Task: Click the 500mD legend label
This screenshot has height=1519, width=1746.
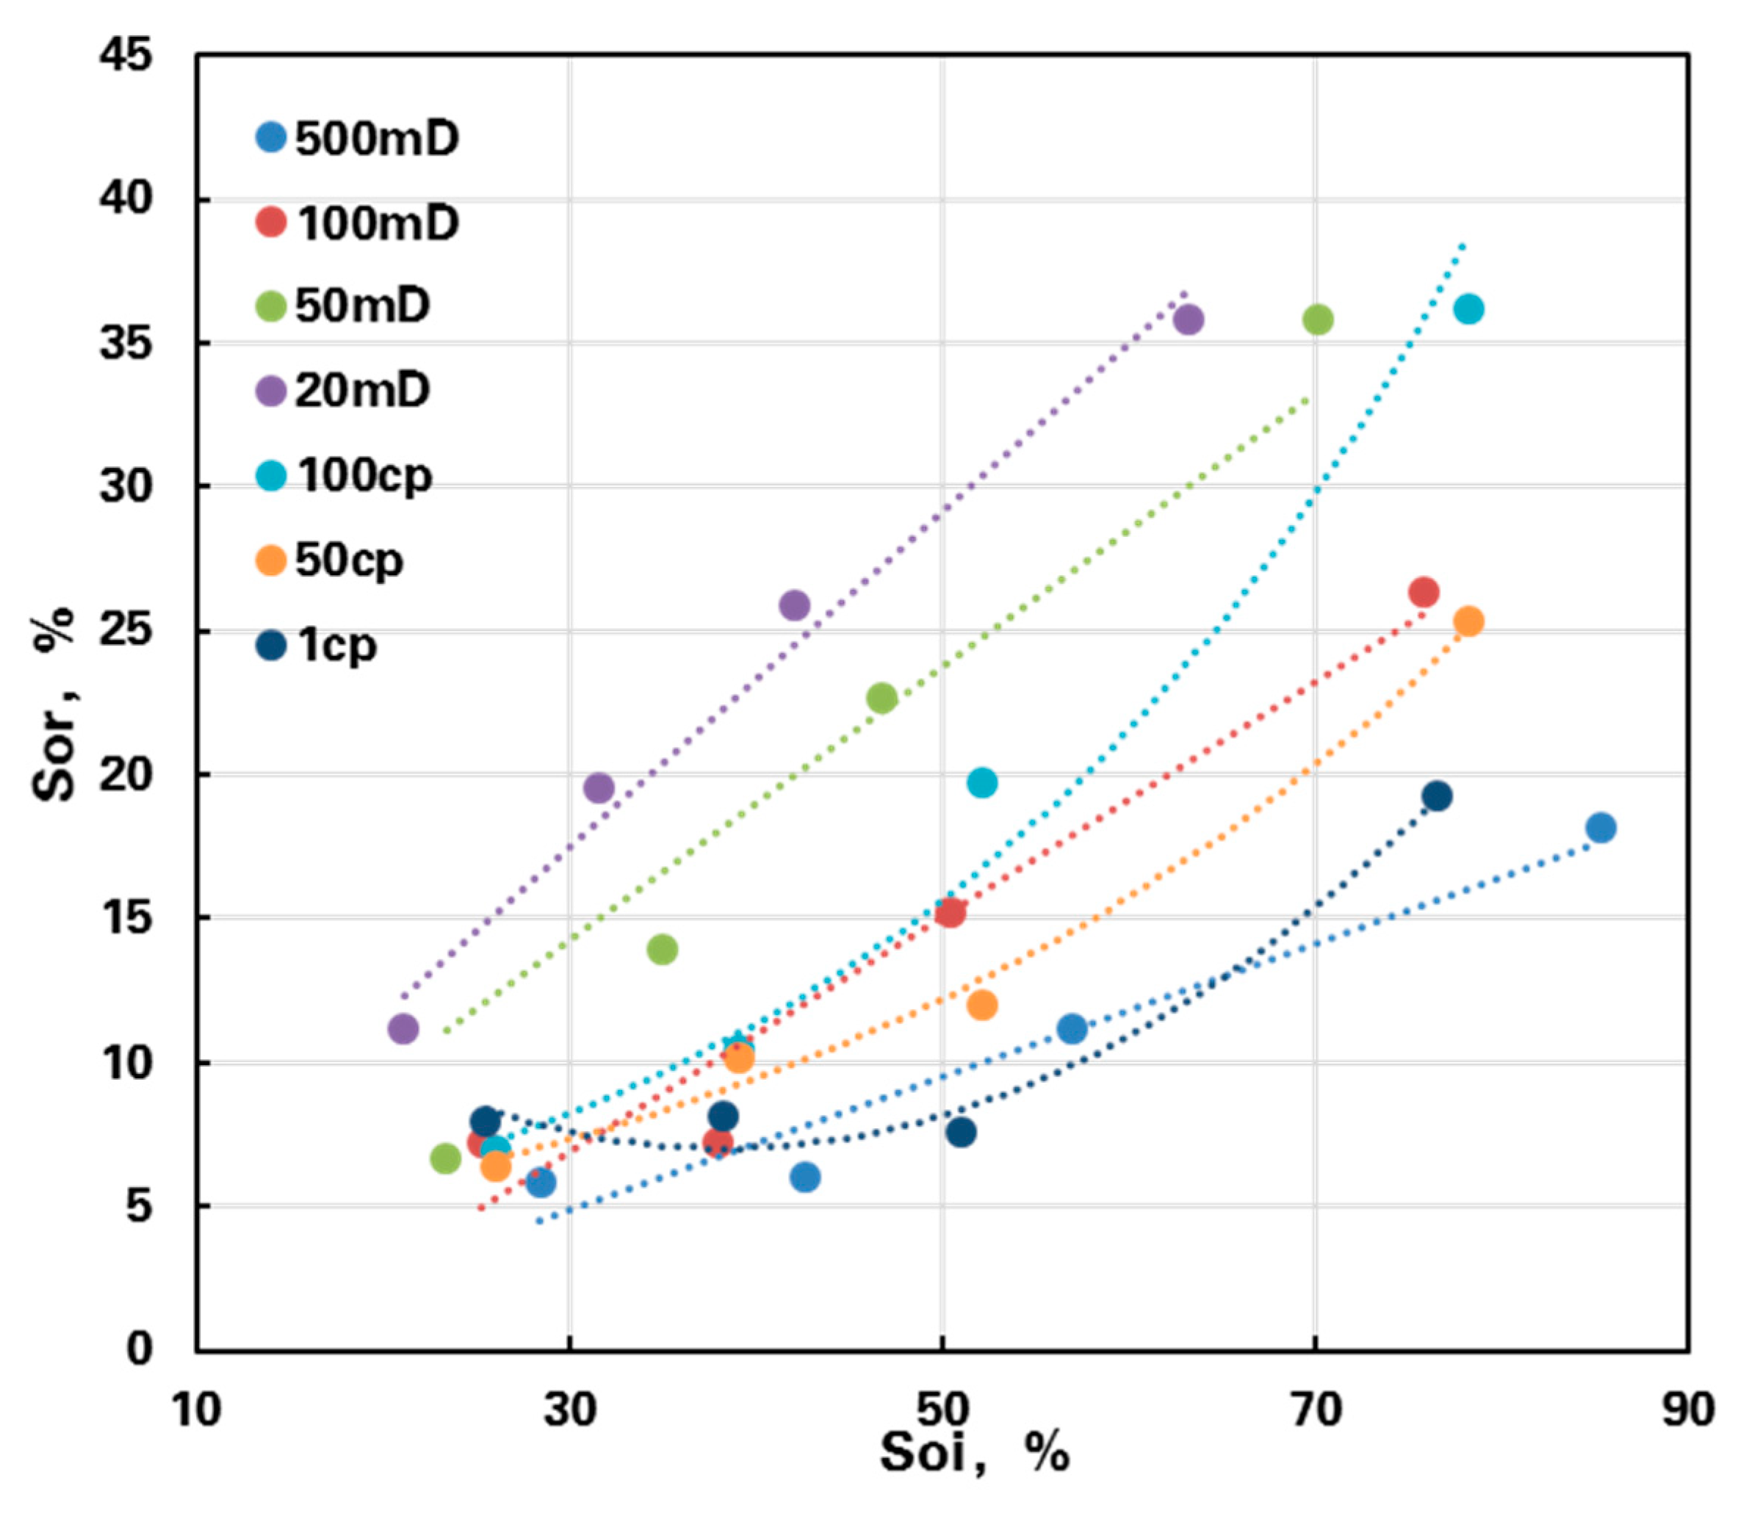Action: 376,138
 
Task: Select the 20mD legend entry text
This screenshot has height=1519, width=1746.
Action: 362,391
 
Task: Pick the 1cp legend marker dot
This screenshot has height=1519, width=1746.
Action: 270,645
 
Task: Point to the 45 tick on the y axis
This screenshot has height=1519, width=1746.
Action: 126,55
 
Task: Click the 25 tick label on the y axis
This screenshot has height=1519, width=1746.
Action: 126,631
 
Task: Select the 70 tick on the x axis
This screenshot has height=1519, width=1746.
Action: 1316,1410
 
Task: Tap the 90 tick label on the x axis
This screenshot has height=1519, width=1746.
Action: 1687,1410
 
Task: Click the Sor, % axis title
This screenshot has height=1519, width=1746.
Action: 54,703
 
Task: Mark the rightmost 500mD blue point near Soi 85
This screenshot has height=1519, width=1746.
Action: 1601,827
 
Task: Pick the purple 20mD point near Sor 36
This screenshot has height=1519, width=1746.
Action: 1188,320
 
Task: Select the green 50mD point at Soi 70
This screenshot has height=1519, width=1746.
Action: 1317,320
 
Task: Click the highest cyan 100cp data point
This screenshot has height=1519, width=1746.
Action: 1469,309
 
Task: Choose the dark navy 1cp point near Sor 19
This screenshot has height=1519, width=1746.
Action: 1437,796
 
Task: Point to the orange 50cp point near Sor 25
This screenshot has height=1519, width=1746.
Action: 1469,621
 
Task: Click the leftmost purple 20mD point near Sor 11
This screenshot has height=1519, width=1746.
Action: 403,1029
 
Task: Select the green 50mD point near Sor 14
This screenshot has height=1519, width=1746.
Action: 662,949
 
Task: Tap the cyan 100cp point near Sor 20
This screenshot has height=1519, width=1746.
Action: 981,782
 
